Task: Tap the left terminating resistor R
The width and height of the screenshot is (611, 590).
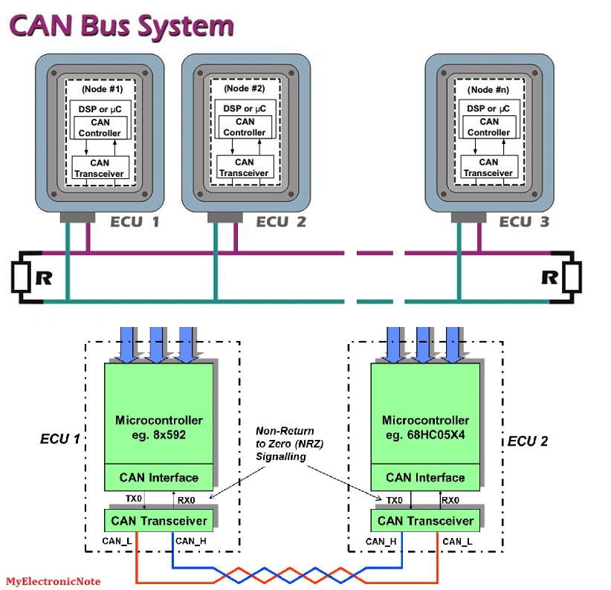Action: [x=22, y=279]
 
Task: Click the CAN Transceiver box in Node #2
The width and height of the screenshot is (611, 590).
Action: [x=244, y=167]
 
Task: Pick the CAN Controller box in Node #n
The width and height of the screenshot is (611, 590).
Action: [x=488, y=127]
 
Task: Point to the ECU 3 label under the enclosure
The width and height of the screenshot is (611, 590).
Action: [x=523, y=221]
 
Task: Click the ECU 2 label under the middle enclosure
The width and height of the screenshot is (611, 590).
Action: [x=281, y=221]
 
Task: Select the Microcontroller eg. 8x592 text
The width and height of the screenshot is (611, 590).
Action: [x=158, y=427]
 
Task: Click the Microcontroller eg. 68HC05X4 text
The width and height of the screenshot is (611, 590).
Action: [x=425, y=427]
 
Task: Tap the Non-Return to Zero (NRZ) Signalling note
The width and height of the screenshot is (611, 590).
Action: [x=285, y=444]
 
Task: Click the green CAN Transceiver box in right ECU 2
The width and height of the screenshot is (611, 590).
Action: [x=425, y=520]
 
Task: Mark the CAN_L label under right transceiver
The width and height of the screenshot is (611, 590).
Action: [x=457, y=542]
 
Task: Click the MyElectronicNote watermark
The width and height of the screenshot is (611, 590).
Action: [x=53, y=581]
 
